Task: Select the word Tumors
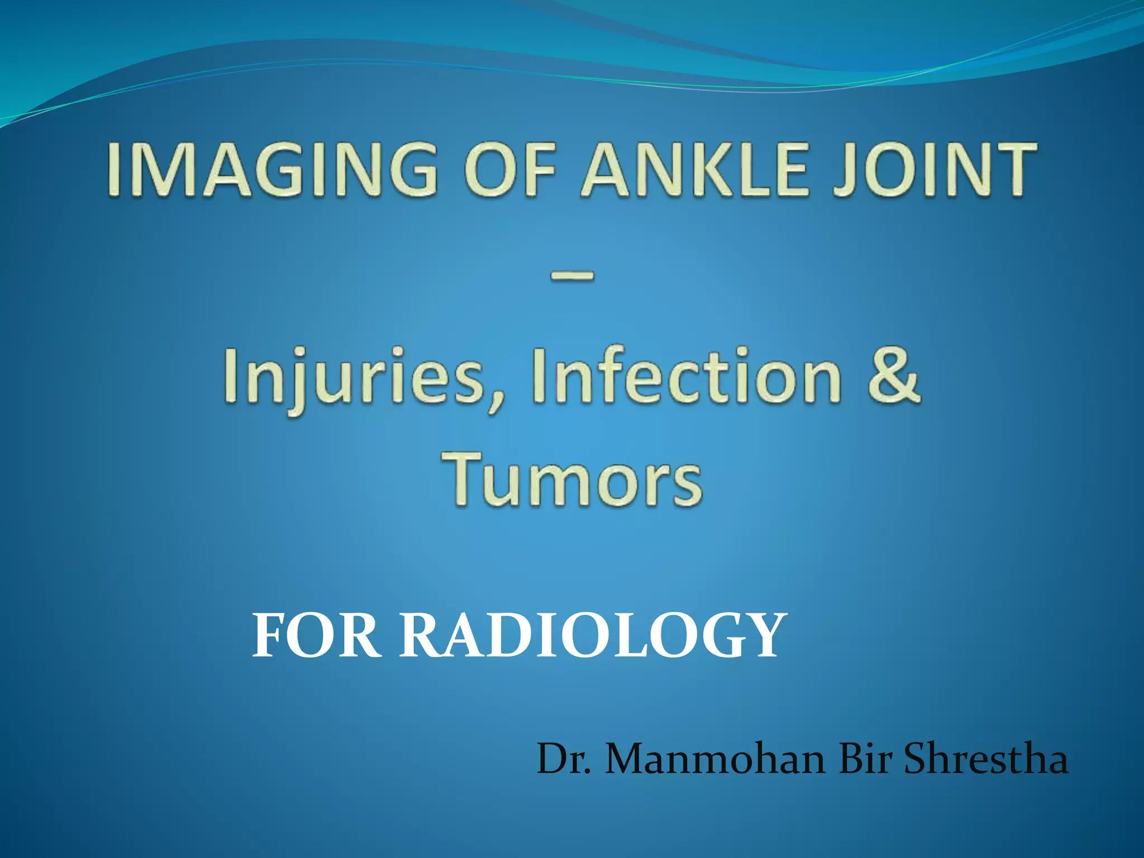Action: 572,479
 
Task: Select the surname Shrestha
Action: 986,760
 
